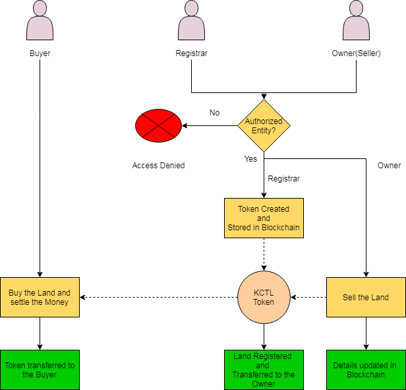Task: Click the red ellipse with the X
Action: click(x=158, y=125)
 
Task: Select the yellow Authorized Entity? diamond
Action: click(x=264, y=125)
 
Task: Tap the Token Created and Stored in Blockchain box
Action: click(x=264, y=218)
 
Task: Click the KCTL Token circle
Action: click(x=264, y=297)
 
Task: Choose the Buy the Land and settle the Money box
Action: click(x=40, y=297)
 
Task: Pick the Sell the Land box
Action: click(x=366, y=297)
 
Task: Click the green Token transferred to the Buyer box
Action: click(x=40, y=370)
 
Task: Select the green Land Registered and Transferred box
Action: click(x=264, y=370)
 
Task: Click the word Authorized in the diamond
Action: click(x=264, y=121)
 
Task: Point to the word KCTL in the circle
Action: click(x=264, y=292)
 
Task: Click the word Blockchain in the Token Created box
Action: click(x=280, y=228)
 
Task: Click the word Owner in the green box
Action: click(x=264, y=384)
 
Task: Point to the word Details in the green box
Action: click(x=346, y=366)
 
